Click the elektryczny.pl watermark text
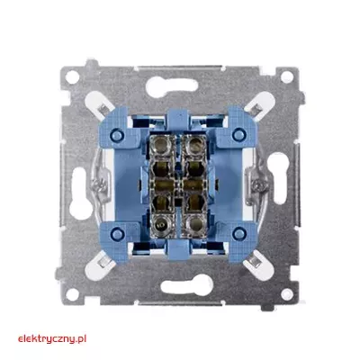52,339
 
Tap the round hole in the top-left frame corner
72,77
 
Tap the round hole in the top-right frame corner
287,76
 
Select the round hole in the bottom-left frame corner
72,294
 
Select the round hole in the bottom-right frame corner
287,294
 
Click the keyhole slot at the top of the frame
172,86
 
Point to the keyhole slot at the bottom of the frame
187,284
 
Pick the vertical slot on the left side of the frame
79,193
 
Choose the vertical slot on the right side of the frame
278,178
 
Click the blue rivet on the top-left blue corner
117,135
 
